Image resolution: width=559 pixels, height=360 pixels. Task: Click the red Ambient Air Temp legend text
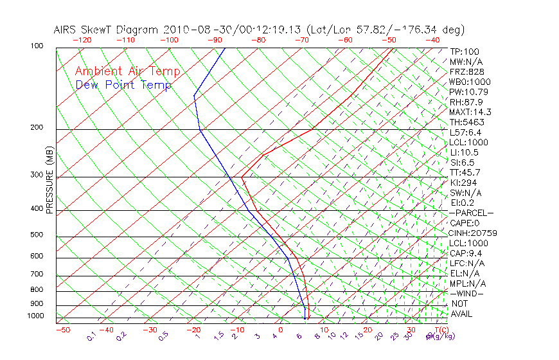click(x=127, y=71)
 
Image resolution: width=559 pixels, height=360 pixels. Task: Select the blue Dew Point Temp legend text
click(x=123, y=85)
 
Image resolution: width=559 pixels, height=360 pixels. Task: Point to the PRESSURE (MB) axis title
click(x=49, y=180)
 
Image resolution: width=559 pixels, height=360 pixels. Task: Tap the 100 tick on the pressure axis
click(x=37, y=46)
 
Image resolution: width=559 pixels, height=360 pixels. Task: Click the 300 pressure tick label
click(x=37, y=175)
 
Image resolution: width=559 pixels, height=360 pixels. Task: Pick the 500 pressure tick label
click(x=37, y=235)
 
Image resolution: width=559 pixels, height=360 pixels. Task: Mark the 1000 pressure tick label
click(x=35, y=316)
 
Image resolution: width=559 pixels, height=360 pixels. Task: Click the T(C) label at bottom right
click(x=440, y=330)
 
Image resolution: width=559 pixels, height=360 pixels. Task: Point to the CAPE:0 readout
click(x=465, y=223)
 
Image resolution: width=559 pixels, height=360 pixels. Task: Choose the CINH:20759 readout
click(x=474, y=233)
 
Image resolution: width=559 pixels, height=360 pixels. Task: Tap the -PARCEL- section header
click(x=471, y=213)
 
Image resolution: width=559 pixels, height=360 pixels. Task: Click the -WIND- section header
click(x=466, y=293)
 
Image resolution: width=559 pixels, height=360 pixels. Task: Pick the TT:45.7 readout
click(x=465, y=172)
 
